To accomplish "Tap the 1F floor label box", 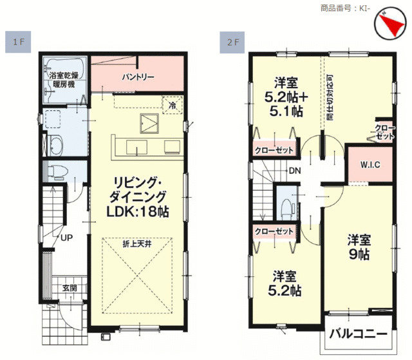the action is [18, 42].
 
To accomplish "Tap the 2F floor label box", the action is [232, 43].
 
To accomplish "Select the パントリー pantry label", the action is [138, 77].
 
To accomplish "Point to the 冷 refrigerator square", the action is [173, 105].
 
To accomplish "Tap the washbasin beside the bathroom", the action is [55, 145].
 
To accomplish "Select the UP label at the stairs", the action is [66, 238].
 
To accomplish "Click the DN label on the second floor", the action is [295, 171].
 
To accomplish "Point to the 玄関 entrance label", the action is [70, 288].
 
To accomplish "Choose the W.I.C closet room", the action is [370, 165].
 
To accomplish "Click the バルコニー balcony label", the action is [359, 334].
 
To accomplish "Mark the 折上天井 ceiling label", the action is [137, 244].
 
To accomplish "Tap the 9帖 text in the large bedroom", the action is [359, 254].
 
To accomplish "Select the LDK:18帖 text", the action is [137, 211].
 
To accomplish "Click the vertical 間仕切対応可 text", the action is [330, 97].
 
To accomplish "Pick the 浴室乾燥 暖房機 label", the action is [64, 80].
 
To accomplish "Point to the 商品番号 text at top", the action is [335, 8].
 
